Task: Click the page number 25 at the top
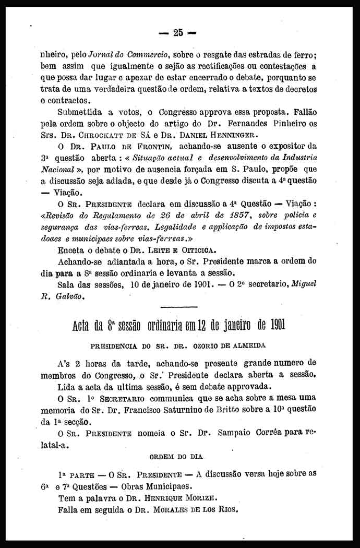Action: pos(178,32)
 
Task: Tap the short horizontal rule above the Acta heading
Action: pos(179,307)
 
